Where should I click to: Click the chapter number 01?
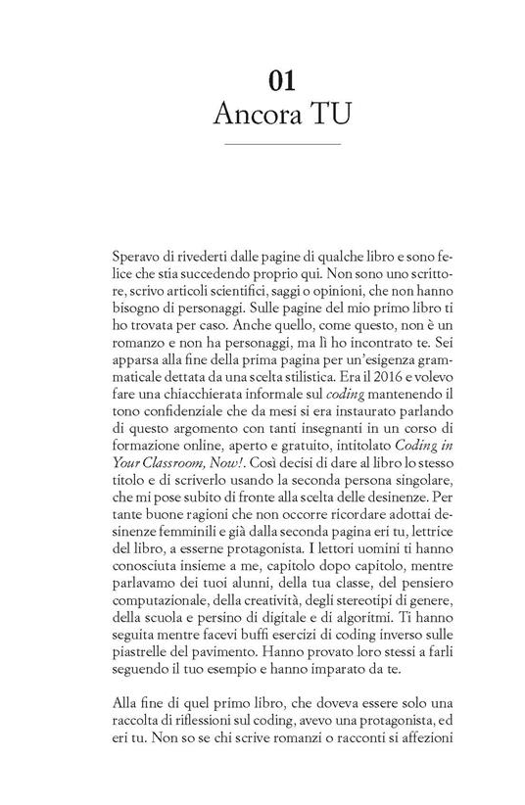click(262, 77)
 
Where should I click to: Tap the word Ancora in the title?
click(242, 110)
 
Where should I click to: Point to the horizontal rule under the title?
click(262, 144)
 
